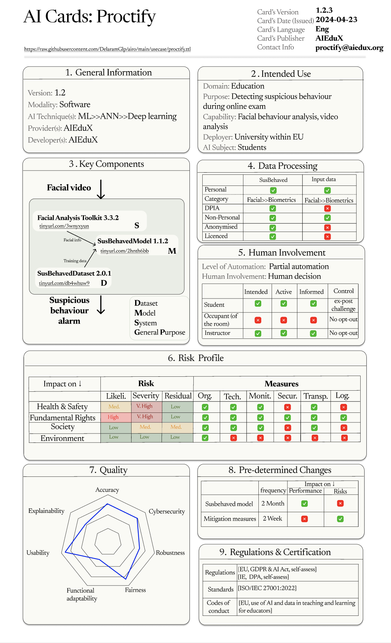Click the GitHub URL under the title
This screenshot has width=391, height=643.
click(107, 49)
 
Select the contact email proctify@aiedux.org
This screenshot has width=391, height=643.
click(349, 48)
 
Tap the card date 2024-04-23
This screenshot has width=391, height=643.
click(336, 20)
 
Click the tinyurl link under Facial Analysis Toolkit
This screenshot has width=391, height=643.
click(64, 226)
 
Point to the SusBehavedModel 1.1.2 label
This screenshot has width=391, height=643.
click(133, 241)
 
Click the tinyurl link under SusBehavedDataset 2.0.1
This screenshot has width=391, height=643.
click(64, 283)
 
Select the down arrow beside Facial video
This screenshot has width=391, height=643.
click(101, 189)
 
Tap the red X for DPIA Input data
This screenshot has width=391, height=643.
click(327, 208)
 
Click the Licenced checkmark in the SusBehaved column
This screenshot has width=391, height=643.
click(273, 236)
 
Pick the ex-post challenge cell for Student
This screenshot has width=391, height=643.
click(343, 305)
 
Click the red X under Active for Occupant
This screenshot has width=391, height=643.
click(284, 320)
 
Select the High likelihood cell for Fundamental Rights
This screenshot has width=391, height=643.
click(113, 417)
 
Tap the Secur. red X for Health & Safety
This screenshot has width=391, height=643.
click(287, 407)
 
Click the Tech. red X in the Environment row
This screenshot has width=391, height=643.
click(233, 437)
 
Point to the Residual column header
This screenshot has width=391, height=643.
click(178, 396)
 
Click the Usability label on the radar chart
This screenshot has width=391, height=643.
click(38, 553)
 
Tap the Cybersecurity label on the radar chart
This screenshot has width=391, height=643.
click(167, 511)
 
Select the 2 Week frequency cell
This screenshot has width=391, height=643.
click(272, 519)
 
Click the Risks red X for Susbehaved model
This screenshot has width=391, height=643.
click(340, 503)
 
